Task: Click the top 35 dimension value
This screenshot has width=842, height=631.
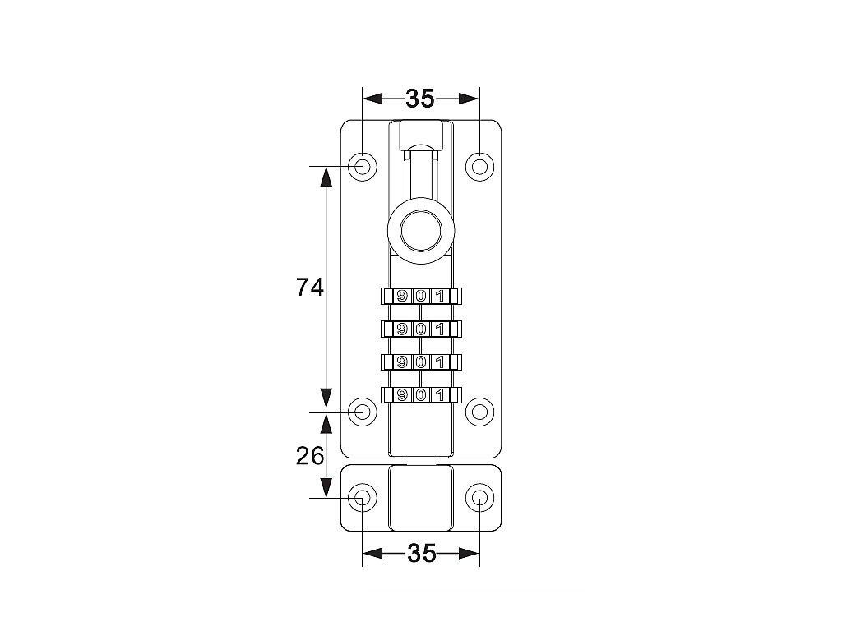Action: coord(420,99)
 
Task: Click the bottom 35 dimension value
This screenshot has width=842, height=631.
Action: coord(422,553)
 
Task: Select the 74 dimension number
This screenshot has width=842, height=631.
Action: coord(310,288)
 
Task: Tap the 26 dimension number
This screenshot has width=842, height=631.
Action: coord(310,456)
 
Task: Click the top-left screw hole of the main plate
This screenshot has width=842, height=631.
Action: coord(363,166)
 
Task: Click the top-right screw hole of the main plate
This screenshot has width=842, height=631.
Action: coord(479,166)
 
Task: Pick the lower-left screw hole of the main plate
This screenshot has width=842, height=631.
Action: coord(363,412)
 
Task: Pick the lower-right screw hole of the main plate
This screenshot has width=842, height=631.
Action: coord(479,412)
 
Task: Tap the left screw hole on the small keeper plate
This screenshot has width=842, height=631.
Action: coord(363,499)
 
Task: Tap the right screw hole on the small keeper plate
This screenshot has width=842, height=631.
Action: coord(479,499)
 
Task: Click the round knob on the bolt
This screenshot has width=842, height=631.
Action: coord(421,231)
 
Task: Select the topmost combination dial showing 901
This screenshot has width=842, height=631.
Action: coord(421,296)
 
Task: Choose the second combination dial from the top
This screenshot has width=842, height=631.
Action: coord(421,329)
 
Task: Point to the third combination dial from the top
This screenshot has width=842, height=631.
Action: coord(421,362)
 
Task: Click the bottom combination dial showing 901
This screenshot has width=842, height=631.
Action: coord(421,395)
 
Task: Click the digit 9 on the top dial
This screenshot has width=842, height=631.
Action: coord(401,296)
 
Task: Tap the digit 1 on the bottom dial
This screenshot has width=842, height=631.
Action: coord(441,395)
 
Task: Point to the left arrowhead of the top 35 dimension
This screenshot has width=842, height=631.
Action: coord(372,99)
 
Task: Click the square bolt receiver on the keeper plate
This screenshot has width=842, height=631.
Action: coord(421,498)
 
